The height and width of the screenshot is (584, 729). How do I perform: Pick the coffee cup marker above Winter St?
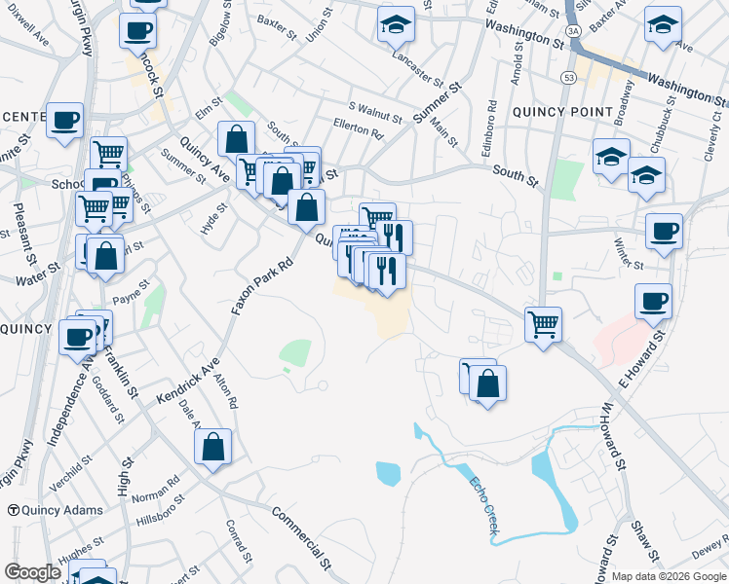click(x=664, y=232)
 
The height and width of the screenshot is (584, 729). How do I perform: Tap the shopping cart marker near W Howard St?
click(x=543, y=323)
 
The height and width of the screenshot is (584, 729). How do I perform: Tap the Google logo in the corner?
click(x=32, y=572)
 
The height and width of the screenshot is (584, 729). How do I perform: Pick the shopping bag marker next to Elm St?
click(x=236, y=138)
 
